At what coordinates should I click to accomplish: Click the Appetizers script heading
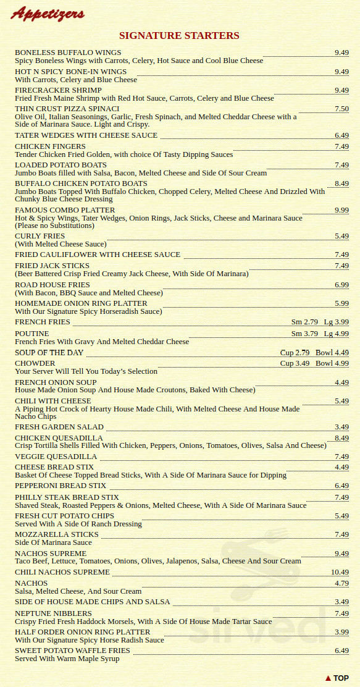[x=48, y=14]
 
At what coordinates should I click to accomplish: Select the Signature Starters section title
[x=179, y=36]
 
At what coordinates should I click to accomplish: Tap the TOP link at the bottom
[x=337, y=678]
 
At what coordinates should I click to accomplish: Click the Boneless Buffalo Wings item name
[x=68, y=53]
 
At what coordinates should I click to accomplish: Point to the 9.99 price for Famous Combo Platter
[x=341, y=211]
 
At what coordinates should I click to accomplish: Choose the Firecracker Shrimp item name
[x=58, y=90]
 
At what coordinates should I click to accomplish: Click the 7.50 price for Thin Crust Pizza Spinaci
[x=341, y=109]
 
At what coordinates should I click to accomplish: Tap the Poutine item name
[x=31, y=334]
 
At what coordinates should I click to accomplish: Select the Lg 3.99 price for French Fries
[x=337, y=322]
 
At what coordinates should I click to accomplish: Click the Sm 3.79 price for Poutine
[x=304, y=334]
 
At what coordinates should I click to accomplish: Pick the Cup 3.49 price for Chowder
[x=295, y=363]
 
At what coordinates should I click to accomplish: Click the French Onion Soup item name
[x=56, y=382]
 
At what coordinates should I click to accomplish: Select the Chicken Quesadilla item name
[x=59, y=438]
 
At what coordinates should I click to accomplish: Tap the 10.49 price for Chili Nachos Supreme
[x=340, y=573]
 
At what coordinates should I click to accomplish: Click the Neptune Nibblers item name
[x=53, y=613]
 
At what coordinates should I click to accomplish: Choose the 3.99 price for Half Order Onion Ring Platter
[x=341, y=632]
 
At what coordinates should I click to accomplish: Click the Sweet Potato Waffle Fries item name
[x=72, y=651]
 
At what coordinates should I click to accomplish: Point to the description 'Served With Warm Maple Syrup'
[x=67, y=659]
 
